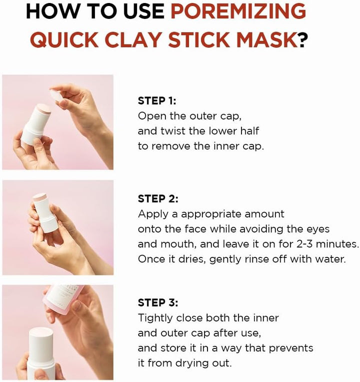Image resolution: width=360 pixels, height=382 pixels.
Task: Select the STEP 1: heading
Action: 157,100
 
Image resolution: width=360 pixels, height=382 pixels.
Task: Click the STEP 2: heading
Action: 158,198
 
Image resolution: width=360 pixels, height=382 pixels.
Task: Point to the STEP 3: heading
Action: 158,302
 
